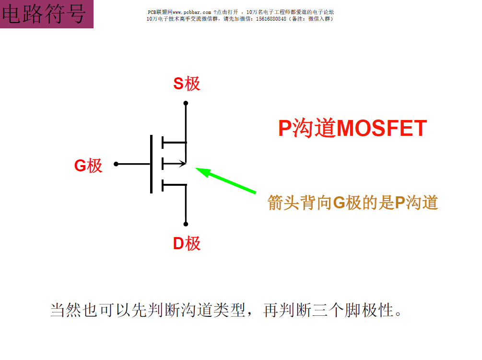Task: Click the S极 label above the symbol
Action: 187,84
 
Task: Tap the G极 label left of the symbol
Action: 88,166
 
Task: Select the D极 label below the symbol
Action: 187,244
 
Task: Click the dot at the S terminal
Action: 186,103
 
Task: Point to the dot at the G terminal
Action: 116,164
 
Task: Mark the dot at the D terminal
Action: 186,224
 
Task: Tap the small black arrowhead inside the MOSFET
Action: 182,164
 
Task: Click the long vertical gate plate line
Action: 152,164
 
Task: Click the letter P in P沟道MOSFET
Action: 285,129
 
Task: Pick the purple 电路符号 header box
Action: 47,14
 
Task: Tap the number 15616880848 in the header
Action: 264,19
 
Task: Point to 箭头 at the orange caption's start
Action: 283,203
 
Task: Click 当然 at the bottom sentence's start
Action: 66,310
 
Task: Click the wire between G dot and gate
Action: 133,164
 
